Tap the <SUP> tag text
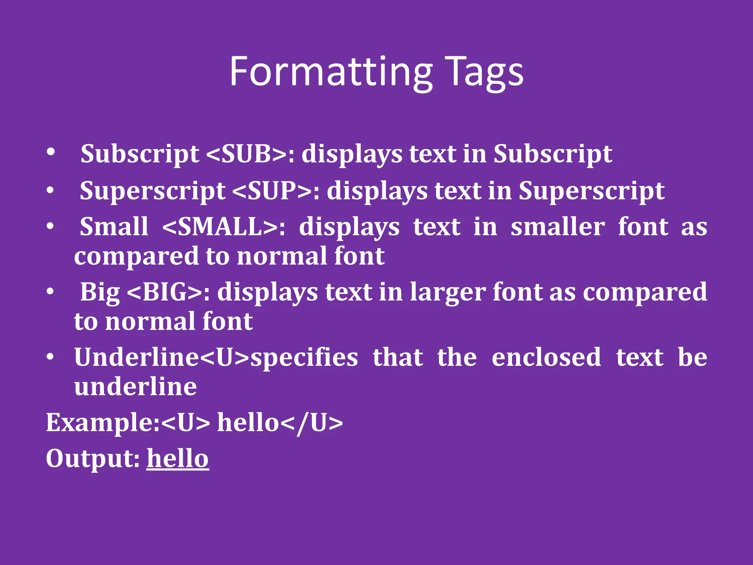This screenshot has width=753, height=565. (x=272, y=191)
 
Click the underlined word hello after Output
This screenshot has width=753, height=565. (x=178, y=459)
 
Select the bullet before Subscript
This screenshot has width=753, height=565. (x=51, y=152)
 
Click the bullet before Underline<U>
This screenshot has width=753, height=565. (x=51, y=357)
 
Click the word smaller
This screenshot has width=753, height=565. (x=557, y=227)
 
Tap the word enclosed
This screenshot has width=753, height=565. (x=546, y=358)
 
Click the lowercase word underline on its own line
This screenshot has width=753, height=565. (x=135, y=387)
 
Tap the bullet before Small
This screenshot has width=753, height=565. (x=51, y=226)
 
